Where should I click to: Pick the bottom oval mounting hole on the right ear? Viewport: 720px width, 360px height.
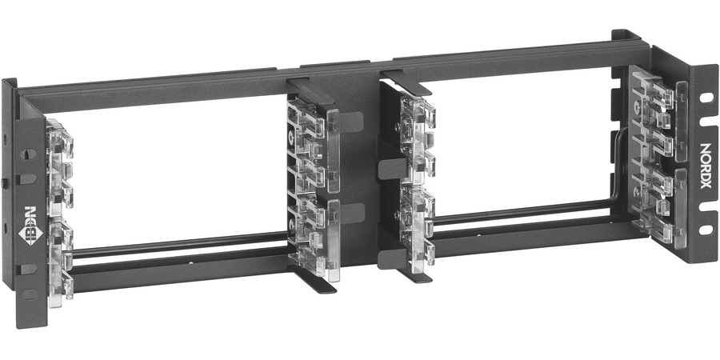705,230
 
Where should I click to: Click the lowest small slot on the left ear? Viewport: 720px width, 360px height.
29,294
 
